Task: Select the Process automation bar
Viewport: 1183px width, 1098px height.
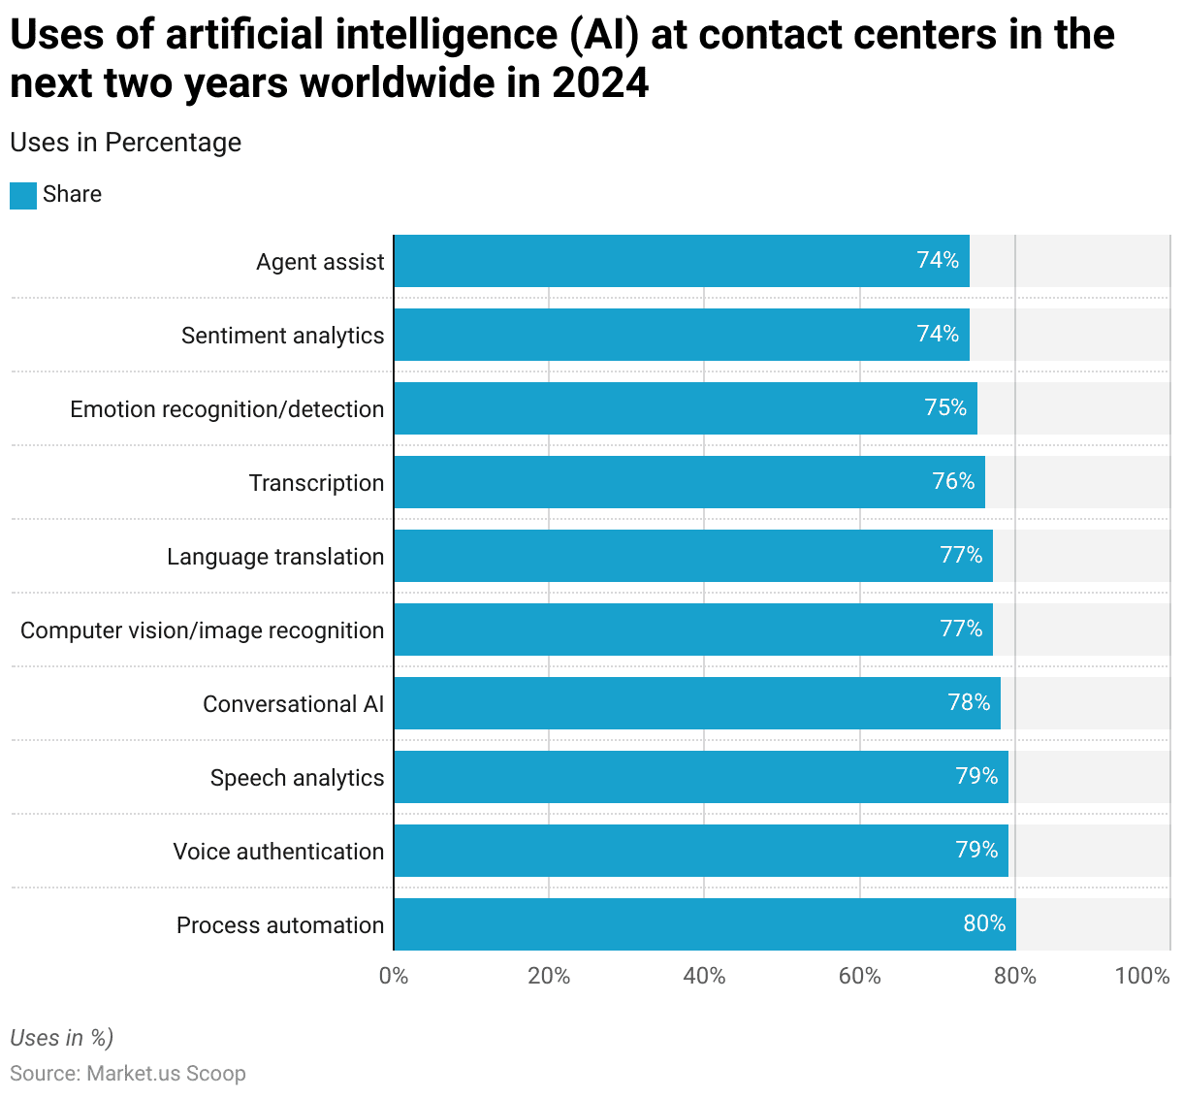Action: [x=704, y=924]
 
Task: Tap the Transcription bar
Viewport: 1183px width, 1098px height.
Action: [x=688, y=482]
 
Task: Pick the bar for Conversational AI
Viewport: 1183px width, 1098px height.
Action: [x=696, y=703]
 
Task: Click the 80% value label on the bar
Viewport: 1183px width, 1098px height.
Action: [x=984, y=923]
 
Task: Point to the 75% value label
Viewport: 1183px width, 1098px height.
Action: [x=945, y=407]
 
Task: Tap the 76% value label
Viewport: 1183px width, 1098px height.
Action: [x=953, y=481]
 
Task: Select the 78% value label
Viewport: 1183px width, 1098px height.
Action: [x=969, y=702]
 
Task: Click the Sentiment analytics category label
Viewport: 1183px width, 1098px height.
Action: [x=282, y=336]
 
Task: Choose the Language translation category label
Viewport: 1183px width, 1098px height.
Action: [x=275, y=557]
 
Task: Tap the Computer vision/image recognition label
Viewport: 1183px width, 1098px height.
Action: [x=202, y=630]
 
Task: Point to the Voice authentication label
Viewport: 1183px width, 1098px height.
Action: [x=278, y=852]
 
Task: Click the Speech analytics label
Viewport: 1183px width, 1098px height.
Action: [x=297, y=778]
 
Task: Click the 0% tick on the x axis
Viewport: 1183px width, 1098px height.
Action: [x=394, y=976]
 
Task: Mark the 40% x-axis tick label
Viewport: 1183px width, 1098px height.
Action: [x=704, y=976]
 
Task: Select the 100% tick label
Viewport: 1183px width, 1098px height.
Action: [x=1142, y=976]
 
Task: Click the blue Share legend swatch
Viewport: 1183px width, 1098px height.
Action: [x=23, y=195]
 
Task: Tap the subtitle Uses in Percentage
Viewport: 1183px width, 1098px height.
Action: [x=125, y=143]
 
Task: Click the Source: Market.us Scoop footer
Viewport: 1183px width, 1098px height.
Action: [x=127, y=1074]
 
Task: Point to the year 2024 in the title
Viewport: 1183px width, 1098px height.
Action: [x=600, y=83]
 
